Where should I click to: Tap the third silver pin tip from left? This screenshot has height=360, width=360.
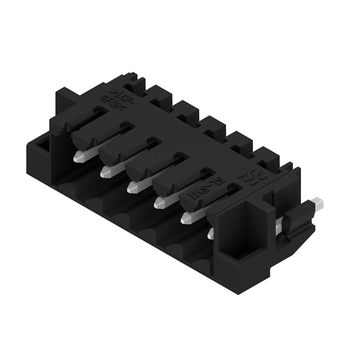[x=133, y=186]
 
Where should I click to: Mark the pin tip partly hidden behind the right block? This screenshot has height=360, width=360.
[x=210, y=234]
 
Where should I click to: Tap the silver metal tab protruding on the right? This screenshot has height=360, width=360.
[x=319, y=203]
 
